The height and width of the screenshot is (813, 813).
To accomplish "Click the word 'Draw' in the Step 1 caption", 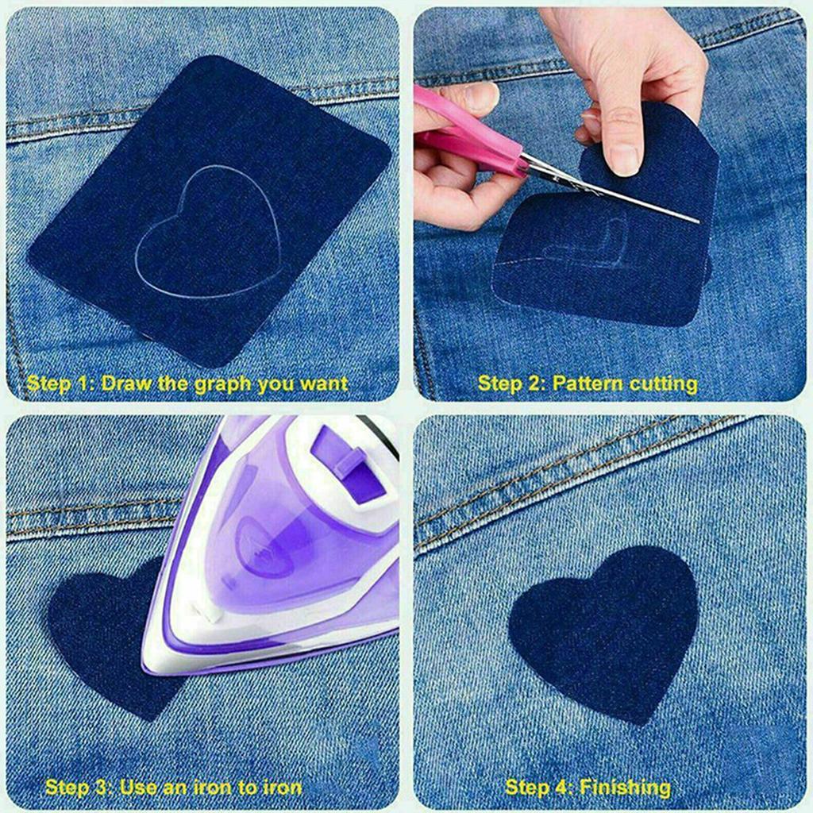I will pos(128,384).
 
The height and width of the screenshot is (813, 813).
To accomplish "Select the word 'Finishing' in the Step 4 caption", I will pos(624,788).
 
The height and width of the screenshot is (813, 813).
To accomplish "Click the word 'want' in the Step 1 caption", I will pos(323,384).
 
